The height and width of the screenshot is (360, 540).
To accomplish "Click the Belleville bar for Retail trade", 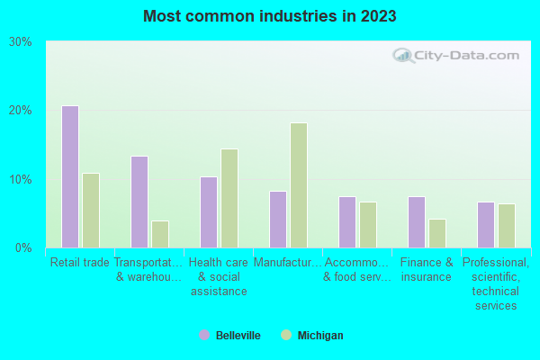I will click(x=70, y=176).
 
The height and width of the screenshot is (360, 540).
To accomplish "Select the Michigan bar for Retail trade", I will click(x=91, y=211).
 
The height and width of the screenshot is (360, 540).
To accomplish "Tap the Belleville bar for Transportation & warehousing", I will click(x=139, y=202).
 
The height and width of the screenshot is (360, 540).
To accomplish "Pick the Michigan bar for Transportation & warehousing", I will click(x=160, y=234).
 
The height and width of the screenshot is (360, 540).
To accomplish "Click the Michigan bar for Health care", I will click(x=229, y=198).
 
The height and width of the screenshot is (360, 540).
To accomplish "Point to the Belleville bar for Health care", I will click(x=209, y=212).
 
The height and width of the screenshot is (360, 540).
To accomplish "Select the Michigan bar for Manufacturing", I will click(x=299, y=185).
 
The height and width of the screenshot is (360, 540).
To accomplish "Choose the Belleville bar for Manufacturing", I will click(x=278, y=219).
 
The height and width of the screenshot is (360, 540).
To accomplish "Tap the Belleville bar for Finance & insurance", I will click(x=417, y=222).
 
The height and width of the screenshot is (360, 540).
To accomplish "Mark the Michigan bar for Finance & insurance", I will click(x=437, y=233).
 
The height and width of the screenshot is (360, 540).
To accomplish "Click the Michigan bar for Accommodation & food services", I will click(x=368, y=225).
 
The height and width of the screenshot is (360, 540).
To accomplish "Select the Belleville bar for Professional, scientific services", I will click(x=486, y=225).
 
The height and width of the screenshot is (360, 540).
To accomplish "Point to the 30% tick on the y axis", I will click(x=21, y=41).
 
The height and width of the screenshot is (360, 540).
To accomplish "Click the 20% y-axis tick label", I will click(x=21, y=110).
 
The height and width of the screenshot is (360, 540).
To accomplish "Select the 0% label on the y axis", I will click(x=24, y=247).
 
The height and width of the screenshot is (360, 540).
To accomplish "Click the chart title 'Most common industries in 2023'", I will click(x=269, y=16).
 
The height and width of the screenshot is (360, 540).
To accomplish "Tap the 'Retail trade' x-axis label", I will click(x=80, y=263).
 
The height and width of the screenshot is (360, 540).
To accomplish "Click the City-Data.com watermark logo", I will click(x=455, y=56).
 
